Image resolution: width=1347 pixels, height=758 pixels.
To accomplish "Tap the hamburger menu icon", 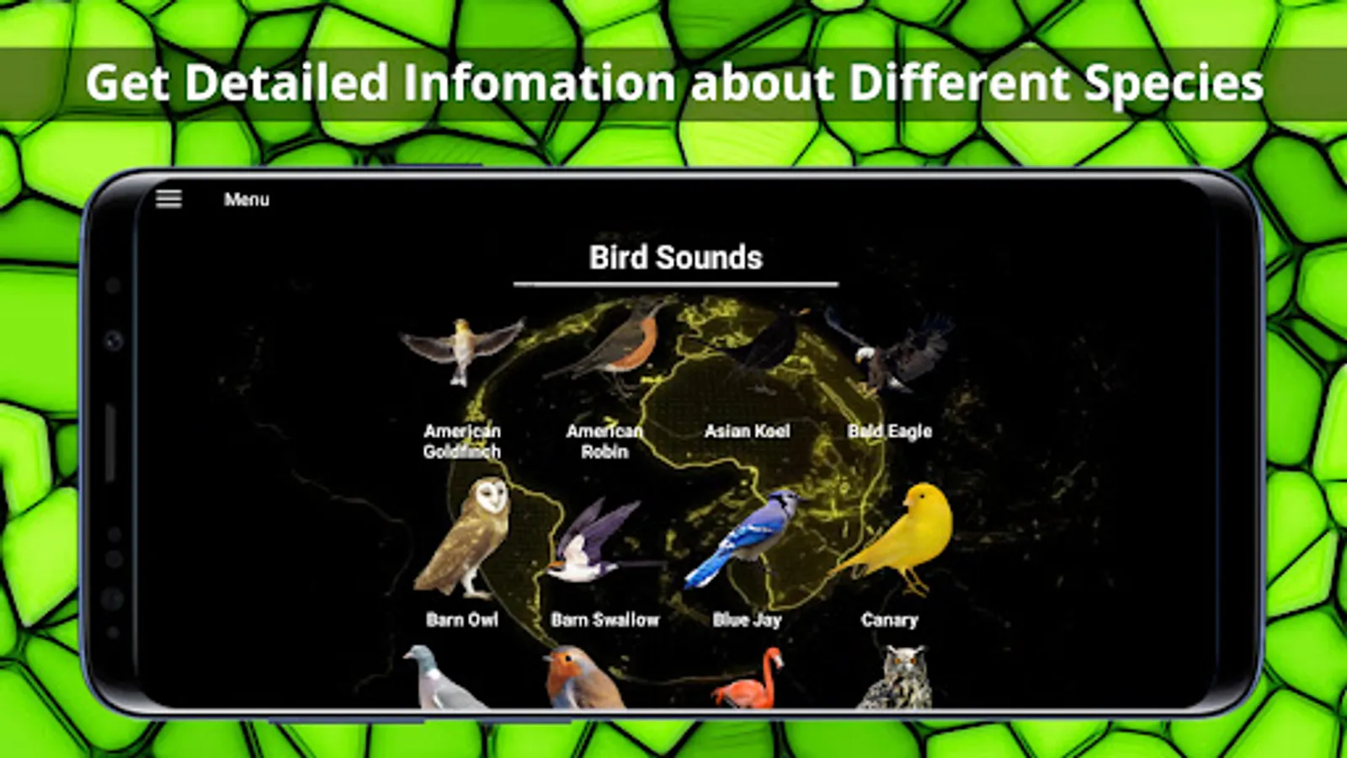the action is coord(168,199).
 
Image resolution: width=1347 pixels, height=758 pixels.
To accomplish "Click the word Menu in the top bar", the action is coord(247,199).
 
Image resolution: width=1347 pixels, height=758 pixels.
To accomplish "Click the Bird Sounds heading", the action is coord(675,258).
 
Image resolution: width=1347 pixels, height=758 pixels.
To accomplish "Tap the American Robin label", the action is coord(604,441).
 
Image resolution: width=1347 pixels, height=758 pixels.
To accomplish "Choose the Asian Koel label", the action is coord(747,430).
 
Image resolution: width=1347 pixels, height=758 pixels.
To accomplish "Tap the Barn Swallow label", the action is coord(605,620).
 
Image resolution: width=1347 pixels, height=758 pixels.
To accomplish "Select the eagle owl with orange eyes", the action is coord(896,677).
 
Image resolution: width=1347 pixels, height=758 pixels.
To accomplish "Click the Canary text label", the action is coord(889,620).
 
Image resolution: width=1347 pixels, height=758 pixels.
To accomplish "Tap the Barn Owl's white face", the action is coord(492,496).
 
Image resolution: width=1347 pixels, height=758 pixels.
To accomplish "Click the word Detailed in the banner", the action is coord(285,82).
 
